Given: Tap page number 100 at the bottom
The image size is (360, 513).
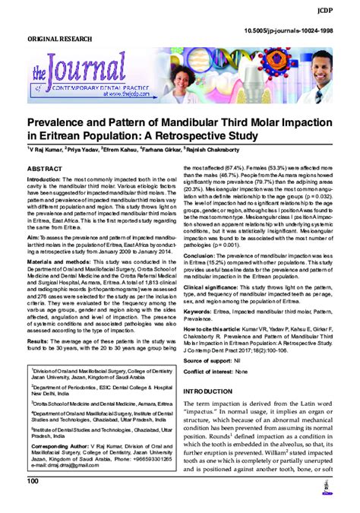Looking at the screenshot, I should [x=33, y=503].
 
